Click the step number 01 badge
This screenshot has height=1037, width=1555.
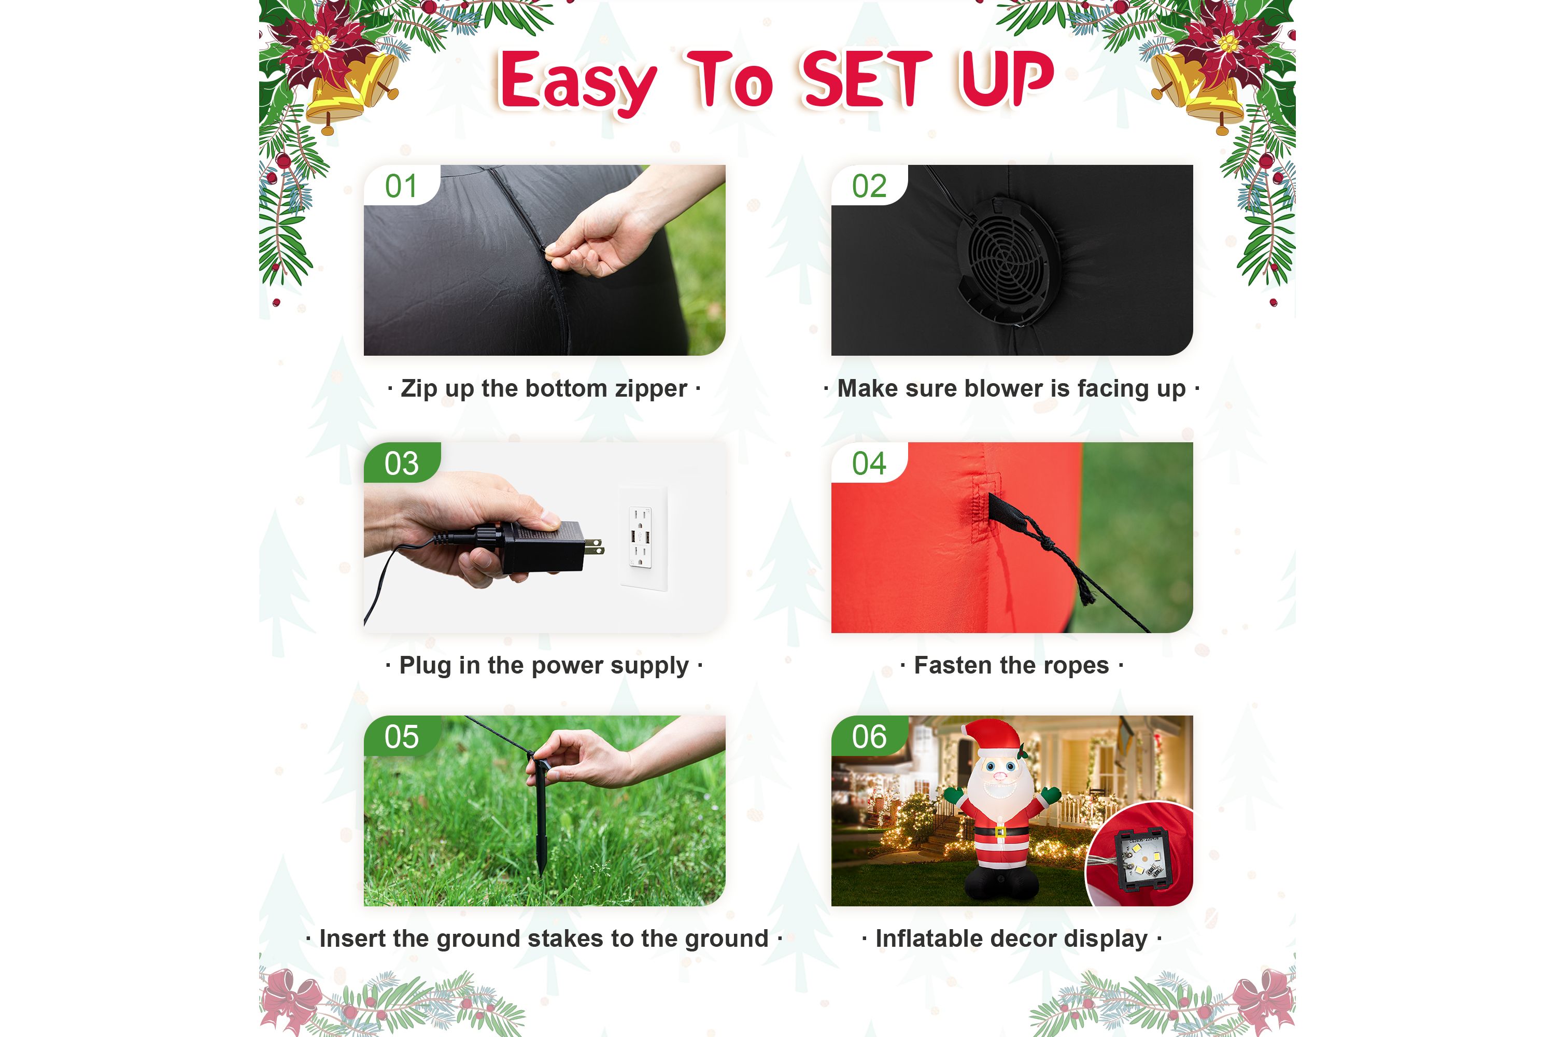pos(401,185)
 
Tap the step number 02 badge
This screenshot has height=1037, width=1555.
pos(869,185)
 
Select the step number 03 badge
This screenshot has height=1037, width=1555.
pos(401,463)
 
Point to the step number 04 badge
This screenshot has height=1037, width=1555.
pos(869,463)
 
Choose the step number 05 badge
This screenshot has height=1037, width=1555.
pos(401,736)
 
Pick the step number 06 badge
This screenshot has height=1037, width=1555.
pos(869,736)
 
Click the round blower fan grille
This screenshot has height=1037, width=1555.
pos(1009,261)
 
